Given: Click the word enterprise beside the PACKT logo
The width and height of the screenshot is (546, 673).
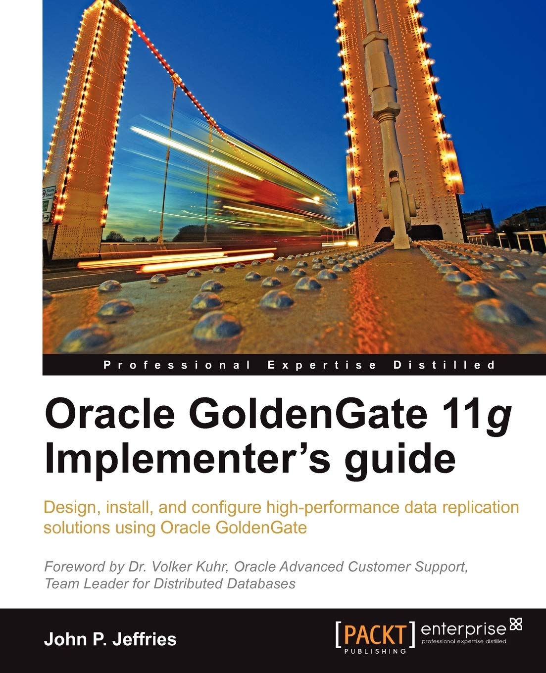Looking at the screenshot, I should pos(463,629).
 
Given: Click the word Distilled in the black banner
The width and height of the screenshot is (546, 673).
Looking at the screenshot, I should pos(444,366).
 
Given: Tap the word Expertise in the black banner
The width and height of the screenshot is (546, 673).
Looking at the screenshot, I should pos(322,366).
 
